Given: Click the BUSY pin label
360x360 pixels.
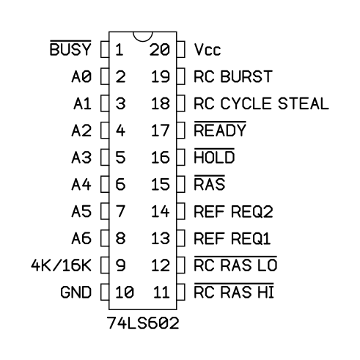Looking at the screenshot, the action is pyautogui.click(x=70, y=48).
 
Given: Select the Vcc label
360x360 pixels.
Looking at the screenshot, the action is pyautogui.click(x=207, y=50).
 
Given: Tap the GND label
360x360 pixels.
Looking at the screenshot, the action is pyautogui.click(x=76, y=292).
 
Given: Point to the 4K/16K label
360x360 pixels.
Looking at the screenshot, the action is pyautogui.click(x=61, y=265).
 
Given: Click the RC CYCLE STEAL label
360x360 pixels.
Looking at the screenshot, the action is pyautogui.click(x=261, y=103).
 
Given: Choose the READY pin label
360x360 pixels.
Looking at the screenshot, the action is pyautogui.click(x=220, y=129).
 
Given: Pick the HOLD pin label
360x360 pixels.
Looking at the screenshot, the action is pyautogui.click(x=214, y=156).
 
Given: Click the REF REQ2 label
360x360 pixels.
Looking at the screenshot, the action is pyautogui.click(x=233, y=211).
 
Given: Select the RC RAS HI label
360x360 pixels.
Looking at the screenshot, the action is pyautogui.click(x=234, y=291).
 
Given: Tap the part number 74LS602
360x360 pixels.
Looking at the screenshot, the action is pyautogui.click(x=143, y=323).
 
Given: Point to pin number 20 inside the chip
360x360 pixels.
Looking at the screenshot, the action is pyautogui.click(x=160, y=50).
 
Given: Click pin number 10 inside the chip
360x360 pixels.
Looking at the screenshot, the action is pyautogui.click(x=125, y=292).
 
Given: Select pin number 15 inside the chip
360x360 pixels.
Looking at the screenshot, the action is pyautogui.click(x=161, y=184).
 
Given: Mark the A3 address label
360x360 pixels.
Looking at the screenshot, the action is pyautogui.click(x=81, y=158).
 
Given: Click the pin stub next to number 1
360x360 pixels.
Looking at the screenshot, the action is pyautogui.click(x=105, y=50).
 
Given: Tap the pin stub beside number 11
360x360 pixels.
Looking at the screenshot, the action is pyautogui.click(x=180, y=292).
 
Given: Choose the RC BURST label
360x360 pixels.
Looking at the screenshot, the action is pyautogui.click(x=233, y=76).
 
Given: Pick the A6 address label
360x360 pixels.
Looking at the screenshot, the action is pyautogui.click(x=81, y=238).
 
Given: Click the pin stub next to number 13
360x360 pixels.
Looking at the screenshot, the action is pyautogui.click(x=180, y=238).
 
